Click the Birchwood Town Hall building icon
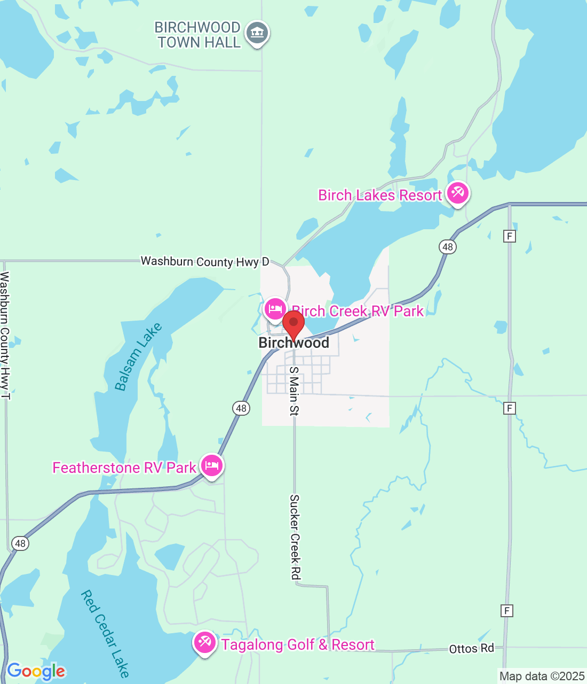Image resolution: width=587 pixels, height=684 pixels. tap(257, 34)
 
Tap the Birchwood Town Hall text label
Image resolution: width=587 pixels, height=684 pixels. tap(198, 35)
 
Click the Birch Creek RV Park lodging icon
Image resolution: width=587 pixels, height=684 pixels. tap(275, 309)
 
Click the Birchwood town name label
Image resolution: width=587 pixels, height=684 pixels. tap(293, 343)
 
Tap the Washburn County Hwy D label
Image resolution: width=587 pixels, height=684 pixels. tap(205, 261)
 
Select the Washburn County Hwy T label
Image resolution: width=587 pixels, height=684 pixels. tap(5, 335)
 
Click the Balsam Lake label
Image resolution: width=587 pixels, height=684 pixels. tap(138, 357)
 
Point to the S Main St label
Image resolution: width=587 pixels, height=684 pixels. tap(293, 391)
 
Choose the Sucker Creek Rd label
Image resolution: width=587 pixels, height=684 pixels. tap(295, 537)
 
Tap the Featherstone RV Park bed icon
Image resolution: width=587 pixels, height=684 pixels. tap(212, 466)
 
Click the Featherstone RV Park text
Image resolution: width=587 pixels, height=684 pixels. tap(124, 468)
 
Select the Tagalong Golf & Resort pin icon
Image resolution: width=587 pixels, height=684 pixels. tap(204, 642)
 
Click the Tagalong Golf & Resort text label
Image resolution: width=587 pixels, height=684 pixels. tap(298, 645)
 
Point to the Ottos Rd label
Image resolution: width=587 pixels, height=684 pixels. tap(471, 649)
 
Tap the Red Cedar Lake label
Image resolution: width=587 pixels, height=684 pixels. tap(106, 633)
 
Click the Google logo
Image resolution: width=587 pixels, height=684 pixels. tap(36, 671)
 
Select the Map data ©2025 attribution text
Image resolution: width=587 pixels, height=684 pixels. tap(542, 676)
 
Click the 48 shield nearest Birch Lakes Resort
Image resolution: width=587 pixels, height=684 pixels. tap(447, 246)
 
